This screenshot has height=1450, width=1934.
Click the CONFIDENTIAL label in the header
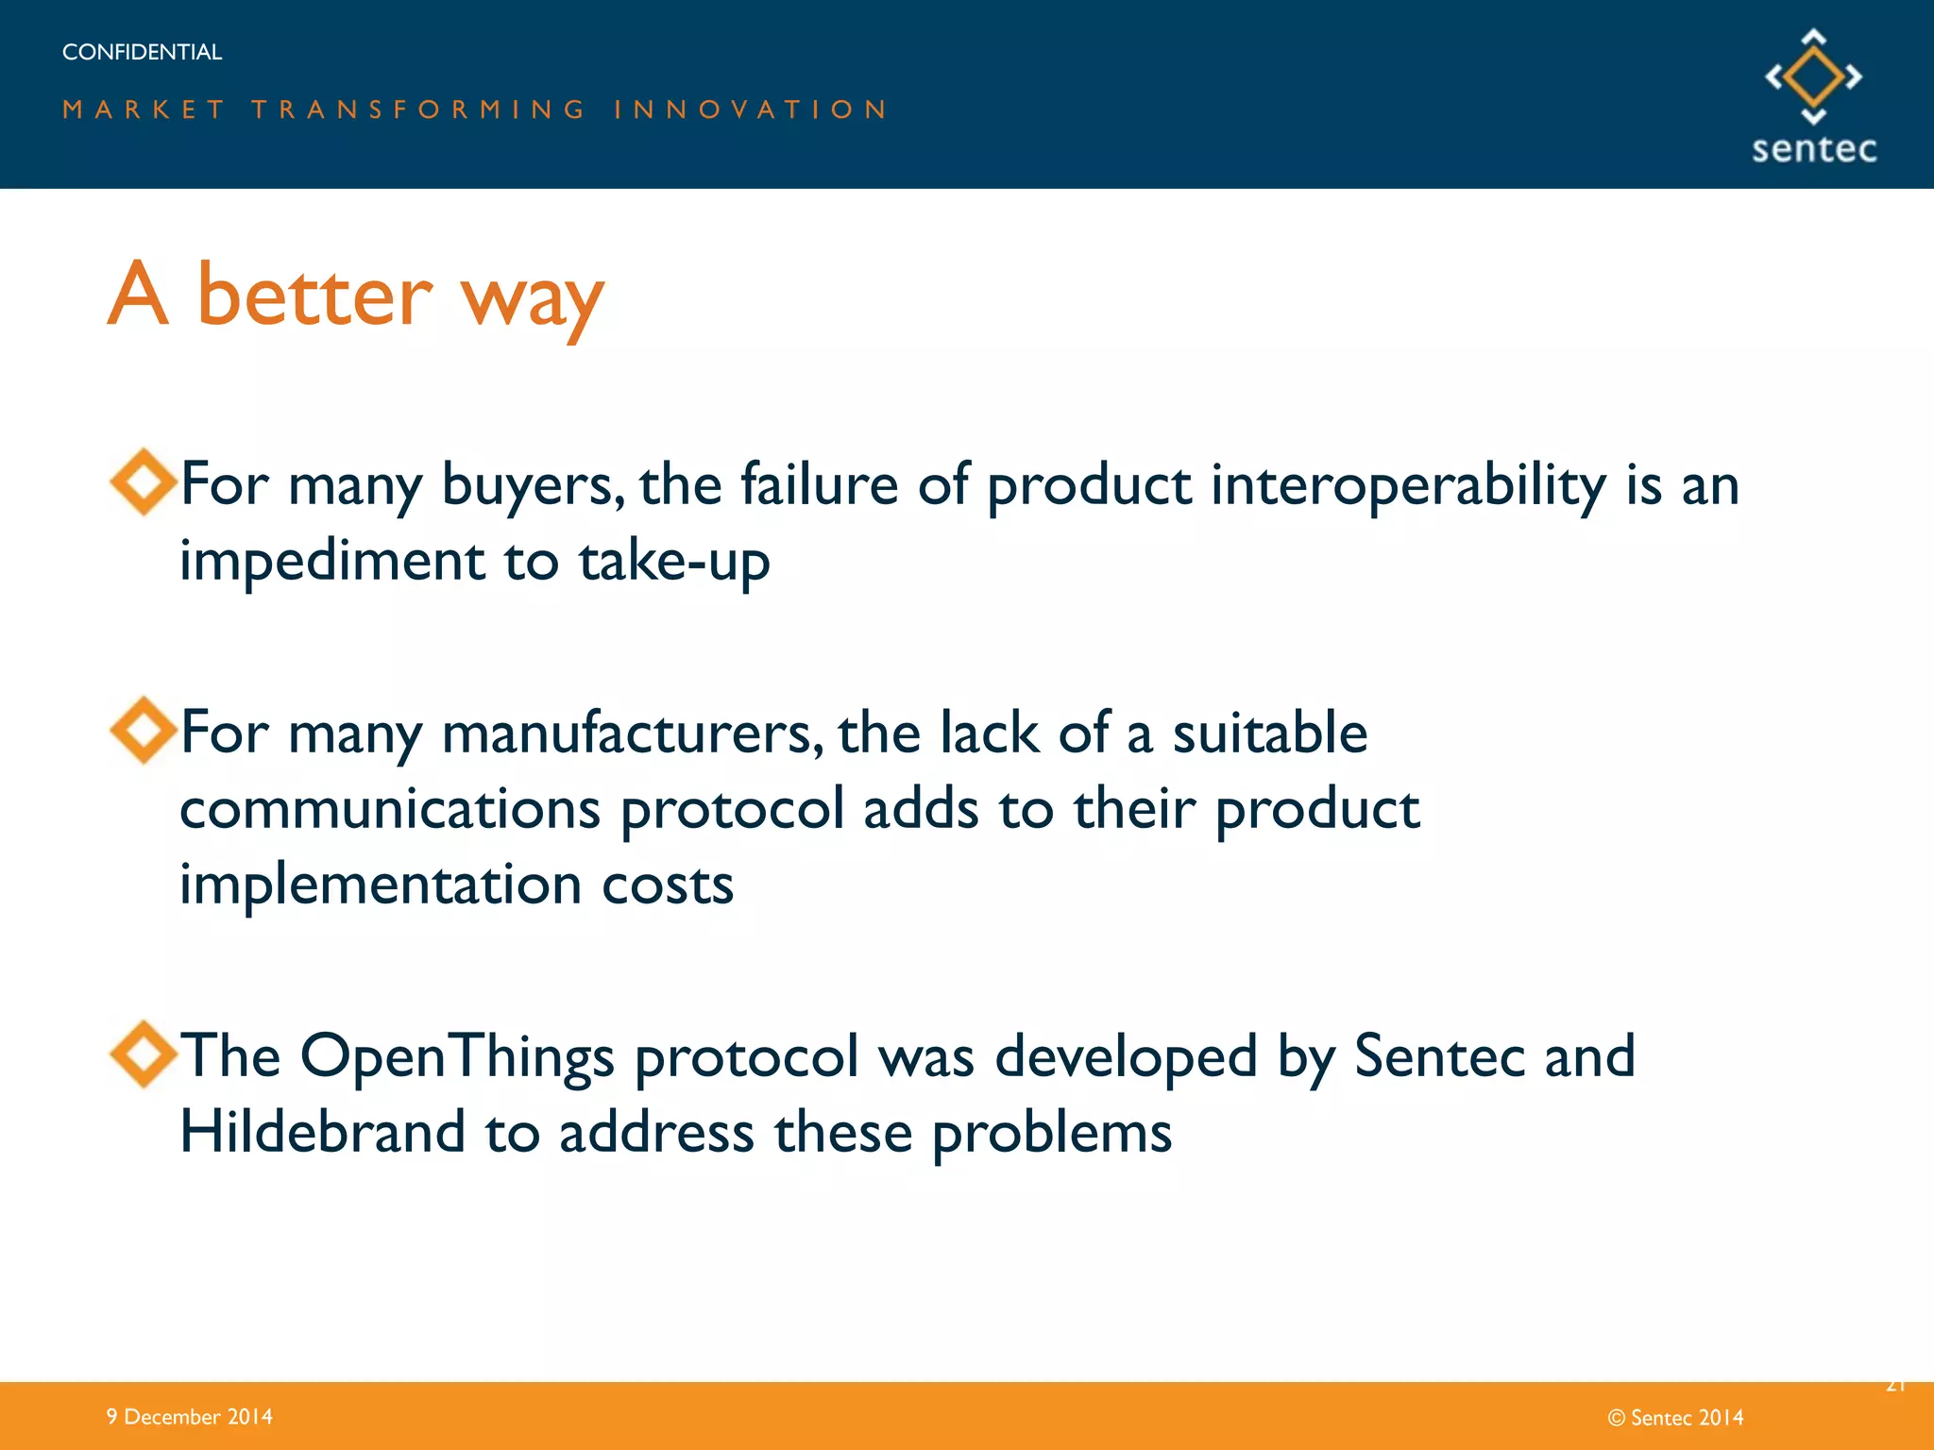(142, 52)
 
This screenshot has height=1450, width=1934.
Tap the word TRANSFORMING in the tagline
(419, 110)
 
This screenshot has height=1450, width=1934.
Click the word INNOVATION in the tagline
(751, 110)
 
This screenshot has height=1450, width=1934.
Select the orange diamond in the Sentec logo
(1813, 76)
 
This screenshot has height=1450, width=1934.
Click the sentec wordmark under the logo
(1813, 149)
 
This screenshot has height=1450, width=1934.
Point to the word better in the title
(314, 295)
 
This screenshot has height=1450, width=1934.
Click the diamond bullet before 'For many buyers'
(143, 481)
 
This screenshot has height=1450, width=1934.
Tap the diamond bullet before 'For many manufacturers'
(143, 730)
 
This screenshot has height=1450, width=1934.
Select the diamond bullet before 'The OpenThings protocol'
(143, 1054)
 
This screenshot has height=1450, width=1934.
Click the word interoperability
(1408, 485)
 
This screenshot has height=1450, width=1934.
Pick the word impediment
(331, 562)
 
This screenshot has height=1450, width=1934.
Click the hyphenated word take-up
(673, 561)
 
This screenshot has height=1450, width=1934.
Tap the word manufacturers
(632, 733)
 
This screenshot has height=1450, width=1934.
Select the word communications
(390, 809)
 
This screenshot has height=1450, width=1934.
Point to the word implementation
(381, 885)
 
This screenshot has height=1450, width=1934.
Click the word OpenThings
(457, 1056)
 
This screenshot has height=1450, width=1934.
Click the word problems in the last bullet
(1051, 1133)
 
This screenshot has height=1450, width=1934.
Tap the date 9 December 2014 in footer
(189, 1416)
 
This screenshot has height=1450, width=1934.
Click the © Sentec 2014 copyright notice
(1675, 1417)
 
